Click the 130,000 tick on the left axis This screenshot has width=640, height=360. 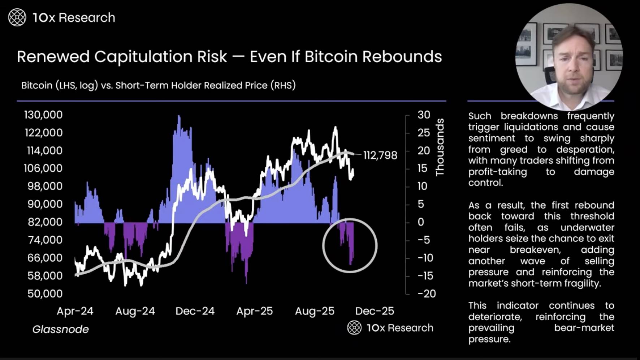click(x=43, y=115)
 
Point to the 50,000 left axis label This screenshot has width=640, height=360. click(x=45, y=293)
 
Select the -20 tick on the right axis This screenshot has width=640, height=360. click(x=426, y=293)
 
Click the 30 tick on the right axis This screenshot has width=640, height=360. click(x=424, y=115)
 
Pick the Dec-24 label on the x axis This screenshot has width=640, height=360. click(x=195, y=311)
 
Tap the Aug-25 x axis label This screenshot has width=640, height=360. click(x=315, y=311)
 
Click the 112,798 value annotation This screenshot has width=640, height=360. click(x=380, y=155)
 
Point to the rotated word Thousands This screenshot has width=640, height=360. click(x=440, y=147)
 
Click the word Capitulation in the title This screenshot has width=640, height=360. click(x=161, y=57)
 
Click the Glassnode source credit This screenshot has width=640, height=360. click(x=60, y=329)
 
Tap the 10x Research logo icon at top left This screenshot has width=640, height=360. click(x=17, y=17)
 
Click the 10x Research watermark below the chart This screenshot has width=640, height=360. click(x=390, y=328)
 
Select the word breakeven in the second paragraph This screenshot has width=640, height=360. click(x=535, y=250)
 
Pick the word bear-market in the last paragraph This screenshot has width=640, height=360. click(x=584, y=328)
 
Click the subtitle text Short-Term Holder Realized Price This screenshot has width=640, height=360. click(x=191, y=85)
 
